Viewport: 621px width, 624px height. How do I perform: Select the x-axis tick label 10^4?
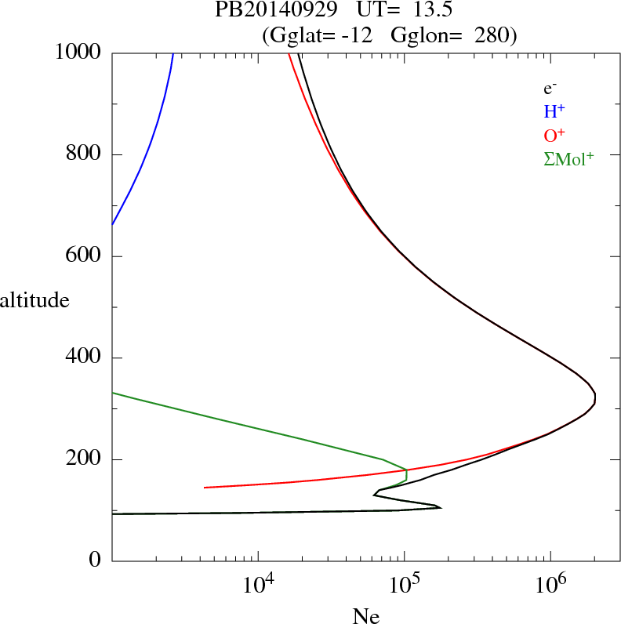tap(259, 585)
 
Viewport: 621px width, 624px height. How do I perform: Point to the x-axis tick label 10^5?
tap(405, 585)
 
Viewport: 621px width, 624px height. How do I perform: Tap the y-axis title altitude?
tap(34, 299)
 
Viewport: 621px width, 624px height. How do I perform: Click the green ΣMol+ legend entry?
tap(568, 159)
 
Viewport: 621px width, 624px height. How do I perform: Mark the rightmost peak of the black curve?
tap(595, 398)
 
